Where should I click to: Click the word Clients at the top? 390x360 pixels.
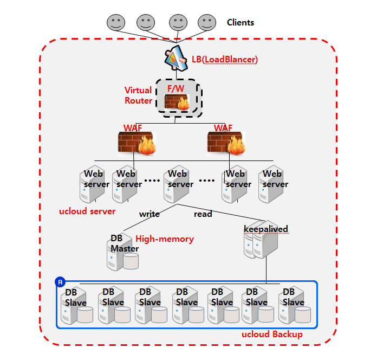pyautogui.click(x=240, y=23)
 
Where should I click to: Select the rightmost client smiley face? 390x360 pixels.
pyautogui.click(x=206, y=23)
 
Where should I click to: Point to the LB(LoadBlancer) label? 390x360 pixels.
pyautogui.click(x=224, y=59)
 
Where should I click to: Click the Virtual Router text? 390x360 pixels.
pyautogui.click(x=138, y=95)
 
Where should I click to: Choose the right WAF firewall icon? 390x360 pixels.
pyautogui.click(x=226, y=143)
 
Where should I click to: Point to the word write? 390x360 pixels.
pyautogui.click(x=149, y=214)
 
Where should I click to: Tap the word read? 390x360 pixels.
pyautogui.click(x=203, y=214)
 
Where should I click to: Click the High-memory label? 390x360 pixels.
pyautogui.click(x=165, y=239)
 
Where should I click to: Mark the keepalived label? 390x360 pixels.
pyautogui.click(x=265, y=229)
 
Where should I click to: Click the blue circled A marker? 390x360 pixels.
pyautogui.click(x=60, y=282)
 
